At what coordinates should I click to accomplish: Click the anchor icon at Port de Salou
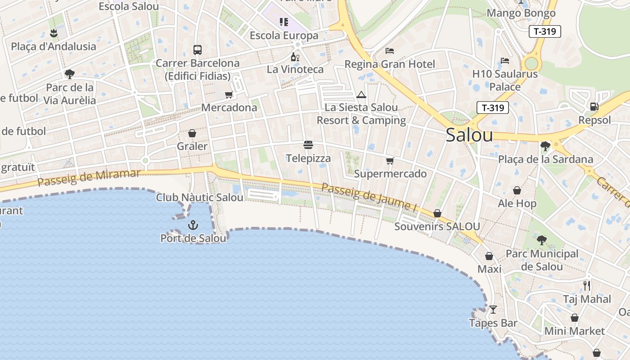[x=193, y=225]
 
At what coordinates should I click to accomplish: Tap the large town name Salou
[x=469, y=135]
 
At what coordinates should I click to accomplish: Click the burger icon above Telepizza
[x=308, y=145]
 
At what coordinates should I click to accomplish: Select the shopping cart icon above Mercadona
[x=229, y=94]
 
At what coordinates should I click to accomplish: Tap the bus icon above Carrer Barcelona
[x=197, y=49]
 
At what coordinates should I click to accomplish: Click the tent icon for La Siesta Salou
[x=361, y=95]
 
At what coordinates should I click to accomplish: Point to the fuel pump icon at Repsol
[x=594, y=107]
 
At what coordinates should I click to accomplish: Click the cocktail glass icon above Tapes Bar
[x=493, y=310]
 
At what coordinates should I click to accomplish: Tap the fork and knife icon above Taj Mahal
[x=586, y=285]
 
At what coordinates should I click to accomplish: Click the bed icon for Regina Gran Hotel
[x=390, y=51]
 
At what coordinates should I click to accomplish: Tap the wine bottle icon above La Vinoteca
[x=295, y=57]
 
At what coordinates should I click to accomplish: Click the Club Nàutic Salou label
[x=200, y=198]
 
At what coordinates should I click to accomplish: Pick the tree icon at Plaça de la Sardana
[x=545, y=146]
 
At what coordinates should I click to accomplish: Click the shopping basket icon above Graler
[x=192, y=133]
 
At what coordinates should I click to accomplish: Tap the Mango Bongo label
[x=521, y=13]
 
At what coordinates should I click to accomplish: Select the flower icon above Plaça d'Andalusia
[x=54, y=33]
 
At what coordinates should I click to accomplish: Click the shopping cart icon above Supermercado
[x=390, y=161]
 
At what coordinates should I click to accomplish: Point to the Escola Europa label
[x=284, y=36]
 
